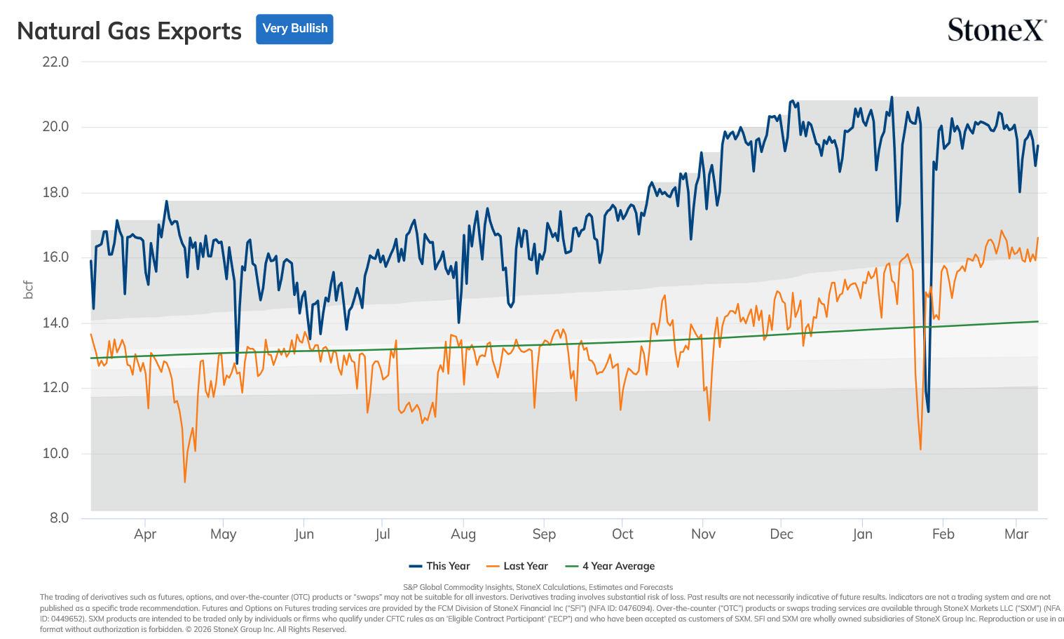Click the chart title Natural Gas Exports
pos(129,31)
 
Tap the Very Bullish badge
pos(294,29)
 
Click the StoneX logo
pos(997,29)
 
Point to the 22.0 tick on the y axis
pos(55,62)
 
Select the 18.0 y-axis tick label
pos(55,193)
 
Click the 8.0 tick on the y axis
pos(60,518)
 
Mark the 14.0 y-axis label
pos(55,323)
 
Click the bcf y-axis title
pos(29,290)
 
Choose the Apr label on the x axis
pos(145,534)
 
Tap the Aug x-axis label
pos(463,534)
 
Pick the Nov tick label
pos(703,534)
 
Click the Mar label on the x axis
pos(1016,534)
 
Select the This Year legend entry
pos(439,566)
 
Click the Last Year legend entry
pos(517,566)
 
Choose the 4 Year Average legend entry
pos(610,566)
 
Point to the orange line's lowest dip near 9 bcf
pos(185,482)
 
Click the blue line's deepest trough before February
pos(928,411)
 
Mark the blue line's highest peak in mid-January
pos(892,97)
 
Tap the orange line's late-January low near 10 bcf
pos(920,449)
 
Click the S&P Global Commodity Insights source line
pos(538,587)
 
